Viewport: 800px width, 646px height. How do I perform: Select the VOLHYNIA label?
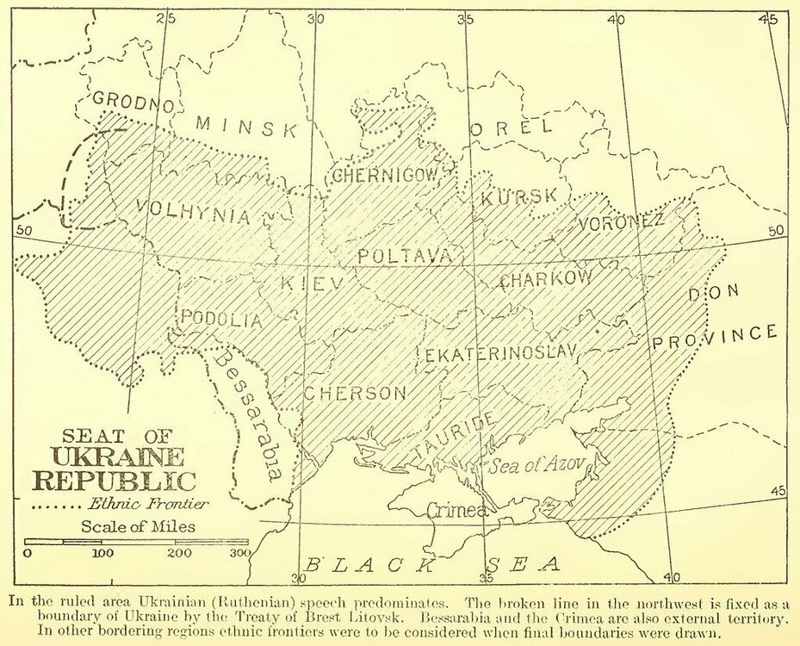194,212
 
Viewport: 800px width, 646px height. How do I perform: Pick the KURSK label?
519,197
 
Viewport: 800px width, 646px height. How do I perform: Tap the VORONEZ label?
622,222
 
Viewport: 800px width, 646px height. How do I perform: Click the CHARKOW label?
546,278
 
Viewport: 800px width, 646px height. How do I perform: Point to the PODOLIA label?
220,320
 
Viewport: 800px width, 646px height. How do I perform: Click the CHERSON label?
354,394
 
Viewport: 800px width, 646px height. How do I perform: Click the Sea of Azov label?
537,466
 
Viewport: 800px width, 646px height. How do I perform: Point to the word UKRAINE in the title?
117,457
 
